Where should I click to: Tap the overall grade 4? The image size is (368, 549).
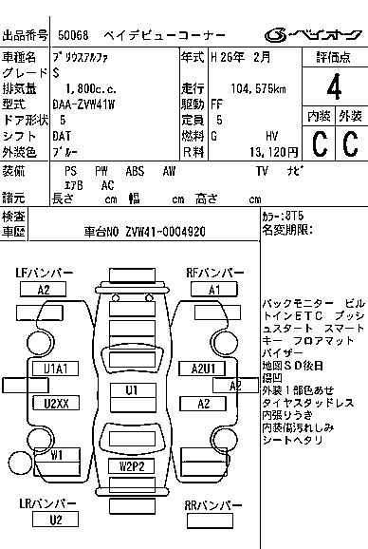pyautogui.click(x=333, y=91)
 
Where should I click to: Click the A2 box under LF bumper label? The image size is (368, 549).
pyautogui.click(x=43, y=290)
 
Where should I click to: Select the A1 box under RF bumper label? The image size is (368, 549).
pyautogui.click(x=214, y=290)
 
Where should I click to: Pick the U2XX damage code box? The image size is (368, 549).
pyautogui.click(x=55, y=404)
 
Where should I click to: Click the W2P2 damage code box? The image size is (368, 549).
pyautogui.click(x=131, y=465)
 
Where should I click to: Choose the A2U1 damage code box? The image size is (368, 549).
pyautogui.click(x=203, y=368)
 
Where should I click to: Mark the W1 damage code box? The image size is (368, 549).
pyautogui.click(x=56, y=455)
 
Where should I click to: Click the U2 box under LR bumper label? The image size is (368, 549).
pyautogui.click(x=56, y=520)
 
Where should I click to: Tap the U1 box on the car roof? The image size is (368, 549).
pyautogui.click(x=131, y=390)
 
